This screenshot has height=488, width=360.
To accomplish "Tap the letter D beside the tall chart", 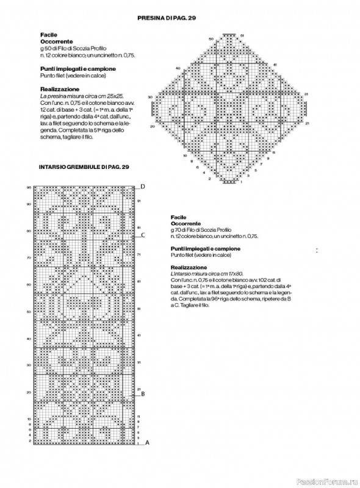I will [x=142, y=186].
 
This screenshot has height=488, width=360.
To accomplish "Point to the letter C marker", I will [x=142, y=234].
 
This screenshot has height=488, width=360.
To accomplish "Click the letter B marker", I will [x=142, y=394].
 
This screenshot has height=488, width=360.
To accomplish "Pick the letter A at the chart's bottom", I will [x=147, y=443].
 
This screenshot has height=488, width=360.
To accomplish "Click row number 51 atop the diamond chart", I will [x=242, y=37].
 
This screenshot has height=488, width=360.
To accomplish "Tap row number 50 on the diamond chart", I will [x=211, y=39].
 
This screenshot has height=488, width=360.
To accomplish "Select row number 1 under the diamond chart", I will [x=242, y=182].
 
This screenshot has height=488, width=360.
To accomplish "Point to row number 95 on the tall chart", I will [x=29, y=187].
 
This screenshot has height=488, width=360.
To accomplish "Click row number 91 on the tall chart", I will [x=139, y=200].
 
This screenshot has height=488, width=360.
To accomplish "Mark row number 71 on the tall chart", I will [x=139, y=254].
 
